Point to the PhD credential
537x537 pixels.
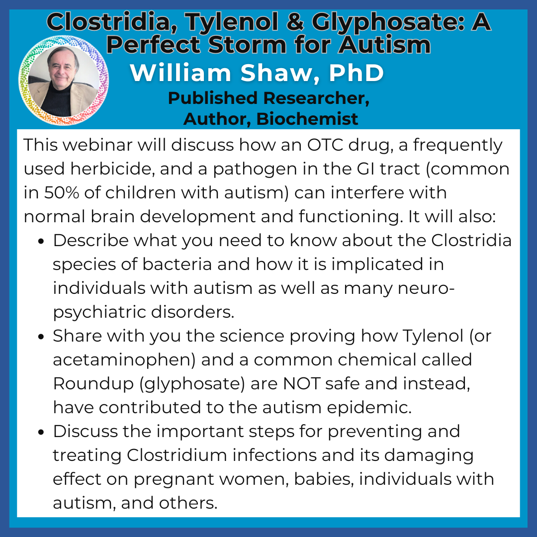point(356,73)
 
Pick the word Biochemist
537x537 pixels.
point(307,119)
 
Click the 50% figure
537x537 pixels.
point(61,192)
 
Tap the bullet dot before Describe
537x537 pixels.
point(41,242)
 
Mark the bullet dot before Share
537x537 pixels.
point(41,337)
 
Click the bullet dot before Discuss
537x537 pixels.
point(41,432)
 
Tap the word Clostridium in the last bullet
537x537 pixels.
point(177,455)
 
